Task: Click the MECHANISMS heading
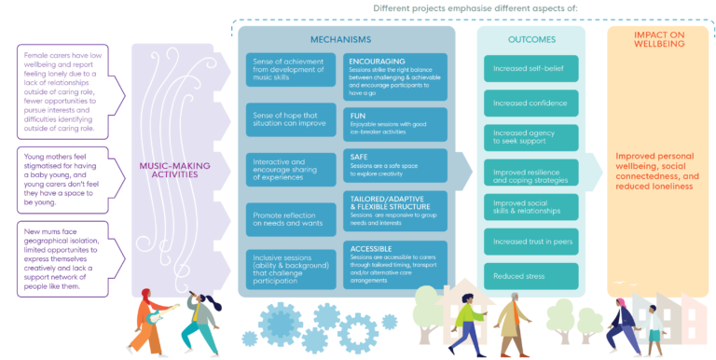click(x=348, y=39)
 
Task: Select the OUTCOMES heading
click(x=532, y=40)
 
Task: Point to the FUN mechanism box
click(x=394, y=124)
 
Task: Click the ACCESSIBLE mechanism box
click(x=394, y=264)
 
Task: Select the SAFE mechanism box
click(x=394, y=164)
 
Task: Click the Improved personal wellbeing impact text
click(x=657, y=173)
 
